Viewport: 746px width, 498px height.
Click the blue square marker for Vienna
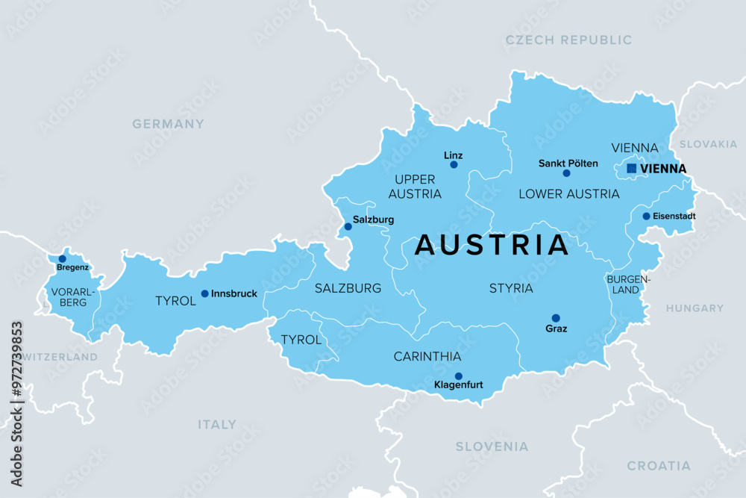[x=631, y=169]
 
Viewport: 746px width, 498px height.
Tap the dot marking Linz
[x=454, y=164]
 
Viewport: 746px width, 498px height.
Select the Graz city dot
[x=556, y=317]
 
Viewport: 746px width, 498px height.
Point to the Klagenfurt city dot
[x=458, y=376]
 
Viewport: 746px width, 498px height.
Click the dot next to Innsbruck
[x=204, y=293]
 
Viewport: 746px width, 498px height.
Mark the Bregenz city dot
[x=62, y=258]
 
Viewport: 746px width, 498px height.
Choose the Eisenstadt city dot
[x=646, y=217]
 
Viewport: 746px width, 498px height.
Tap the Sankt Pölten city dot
[x=566, y=173]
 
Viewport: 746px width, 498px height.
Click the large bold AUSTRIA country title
[x=492, y=245]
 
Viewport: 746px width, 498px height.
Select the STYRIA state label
[x=511, y=288]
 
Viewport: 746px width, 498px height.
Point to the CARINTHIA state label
[x=427, y=357]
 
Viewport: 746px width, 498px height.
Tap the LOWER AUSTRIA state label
[x=568, y=194]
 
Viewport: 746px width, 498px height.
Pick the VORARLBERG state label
[x=69, y=297]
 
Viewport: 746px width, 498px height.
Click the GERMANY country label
[x=168, y=124]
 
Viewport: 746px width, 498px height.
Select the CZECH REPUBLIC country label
[x=568, y=40]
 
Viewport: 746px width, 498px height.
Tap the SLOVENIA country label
[x=492, y=446]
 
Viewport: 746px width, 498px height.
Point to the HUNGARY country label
[x=695, y=308]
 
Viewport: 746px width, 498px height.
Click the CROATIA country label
[x=658, y=466]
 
